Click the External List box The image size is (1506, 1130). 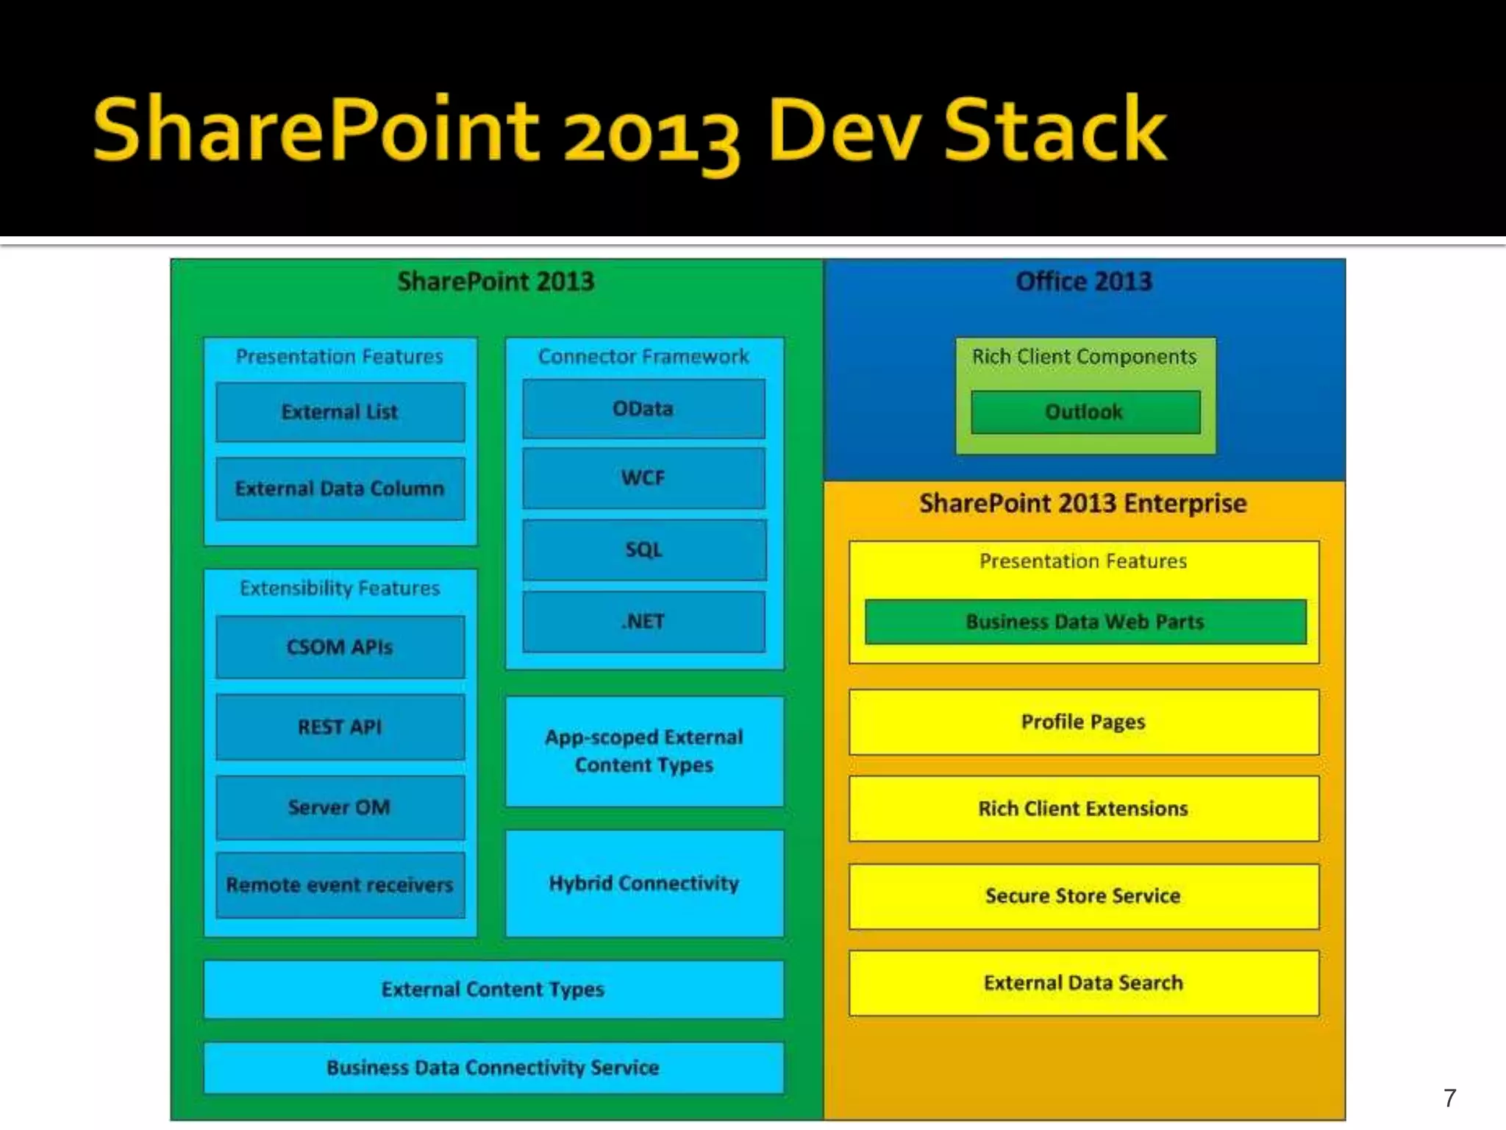(340, 412)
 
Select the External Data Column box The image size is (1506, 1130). (340, 488)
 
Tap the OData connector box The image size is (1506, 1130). (643, 409)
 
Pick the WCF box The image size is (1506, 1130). (643, 478)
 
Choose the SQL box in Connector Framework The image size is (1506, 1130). (643, 550)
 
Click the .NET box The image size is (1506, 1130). (643, 622)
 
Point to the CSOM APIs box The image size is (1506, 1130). (340, 647)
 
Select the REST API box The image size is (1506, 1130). (340, 727)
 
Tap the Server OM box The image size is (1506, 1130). (340, 807)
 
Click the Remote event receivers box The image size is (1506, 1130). (340, 885)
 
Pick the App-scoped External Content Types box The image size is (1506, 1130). (644, 751)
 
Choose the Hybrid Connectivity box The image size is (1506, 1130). (644, 883)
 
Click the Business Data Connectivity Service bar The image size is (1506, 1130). (493, 1067)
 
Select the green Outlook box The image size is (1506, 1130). (1085, 412)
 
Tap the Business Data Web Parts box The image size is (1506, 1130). (1085, 622)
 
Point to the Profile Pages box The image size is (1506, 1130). (1083, 722)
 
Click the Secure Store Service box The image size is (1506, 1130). (1083, 896)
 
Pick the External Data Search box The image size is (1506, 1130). (1083, 983)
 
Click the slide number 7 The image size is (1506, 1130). (1449, 1098)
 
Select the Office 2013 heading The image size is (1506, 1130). (1084, 282)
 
